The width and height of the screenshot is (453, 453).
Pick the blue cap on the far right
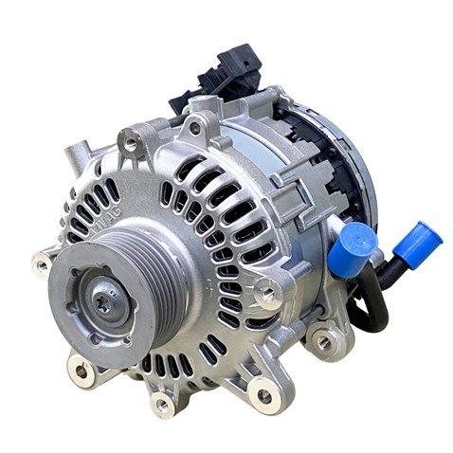point(416,242)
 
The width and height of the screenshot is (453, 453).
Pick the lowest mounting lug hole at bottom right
point(263,395)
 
